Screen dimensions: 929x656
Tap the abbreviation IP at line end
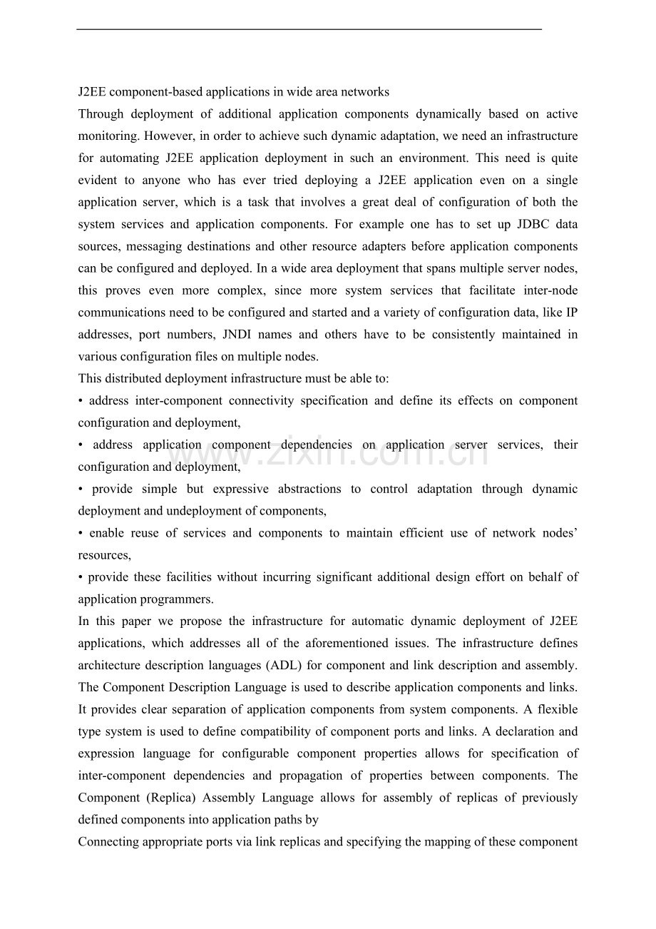coord(571,313)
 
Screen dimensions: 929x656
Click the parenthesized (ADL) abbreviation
coord(285,666)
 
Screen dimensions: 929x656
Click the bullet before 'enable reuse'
coord(81,533)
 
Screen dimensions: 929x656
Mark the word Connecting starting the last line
coord(108,842)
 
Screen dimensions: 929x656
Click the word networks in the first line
coord(365,92)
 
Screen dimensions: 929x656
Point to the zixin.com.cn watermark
coord(328,454)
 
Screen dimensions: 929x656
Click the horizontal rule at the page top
coord(309,29)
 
